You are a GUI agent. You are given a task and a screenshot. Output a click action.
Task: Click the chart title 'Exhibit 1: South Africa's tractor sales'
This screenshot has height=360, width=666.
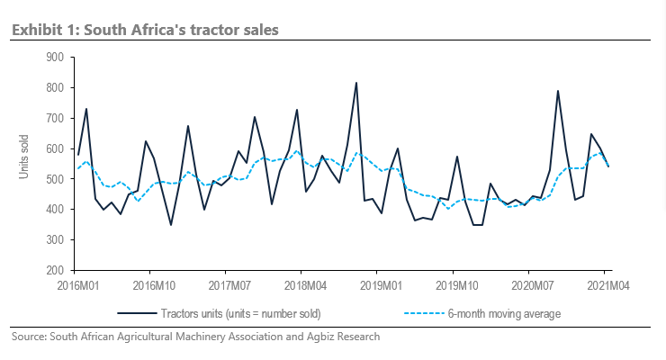pyautogui.click(x=145, y=30)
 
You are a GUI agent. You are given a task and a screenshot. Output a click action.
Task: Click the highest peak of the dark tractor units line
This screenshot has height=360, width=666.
pyautogui.click(x=356, y=83)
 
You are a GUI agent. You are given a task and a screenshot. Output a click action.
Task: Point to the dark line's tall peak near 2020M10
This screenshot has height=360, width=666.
pyautogui.click(x=558, y=91)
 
